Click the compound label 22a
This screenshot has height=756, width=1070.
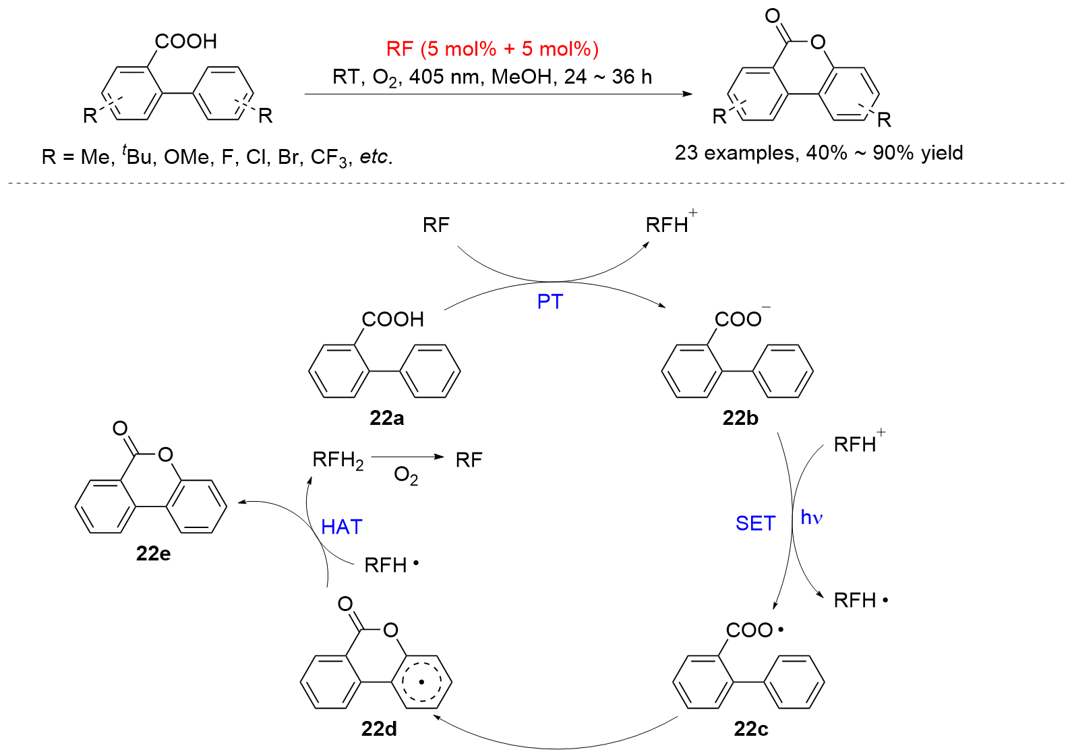386,418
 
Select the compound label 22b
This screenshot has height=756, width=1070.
740,418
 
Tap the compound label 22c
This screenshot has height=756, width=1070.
750,729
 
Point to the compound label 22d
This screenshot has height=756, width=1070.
379,729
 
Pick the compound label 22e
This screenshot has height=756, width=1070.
153,554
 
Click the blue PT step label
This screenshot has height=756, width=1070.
549,301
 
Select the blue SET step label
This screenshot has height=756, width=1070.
755,523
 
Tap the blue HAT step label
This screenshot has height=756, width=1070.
341,527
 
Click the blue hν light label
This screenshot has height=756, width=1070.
812,518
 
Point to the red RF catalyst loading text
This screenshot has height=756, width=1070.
492,49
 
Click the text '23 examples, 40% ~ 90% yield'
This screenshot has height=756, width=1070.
819,153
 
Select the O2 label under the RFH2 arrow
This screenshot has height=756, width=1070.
406,476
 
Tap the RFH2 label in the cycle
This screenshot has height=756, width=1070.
338,461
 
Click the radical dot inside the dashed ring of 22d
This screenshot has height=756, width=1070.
421,682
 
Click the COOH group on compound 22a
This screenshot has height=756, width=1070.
393,319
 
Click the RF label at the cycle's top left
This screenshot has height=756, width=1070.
436,225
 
